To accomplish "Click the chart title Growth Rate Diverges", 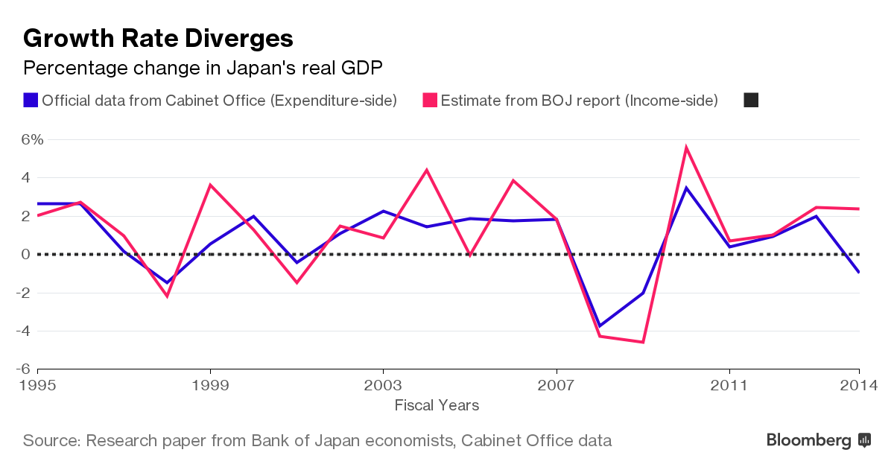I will click(158, 38).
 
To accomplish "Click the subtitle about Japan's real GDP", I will click(203, 69).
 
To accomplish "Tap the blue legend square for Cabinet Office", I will click(31, 100).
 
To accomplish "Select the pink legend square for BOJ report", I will click(430, 100).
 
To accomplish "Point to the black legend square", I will click(751, 100).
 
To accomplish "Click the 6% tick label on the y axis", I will click(33, 139).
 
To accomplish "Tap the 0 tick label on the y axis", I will click(26, 254).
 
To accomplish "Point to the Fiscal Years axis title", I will click(437, 405).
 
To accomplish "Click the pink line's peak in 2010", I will click(685, 147).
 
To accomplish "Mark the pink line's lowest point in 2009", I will click(642, 342).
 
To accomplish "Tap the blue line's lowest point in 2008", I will click(599, 326).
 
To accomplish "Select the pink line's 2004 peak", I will click(426, 170).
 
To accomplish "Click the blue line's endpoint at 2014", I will click(859, 272).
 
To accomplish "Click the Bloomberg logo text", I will click(808, 440).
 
